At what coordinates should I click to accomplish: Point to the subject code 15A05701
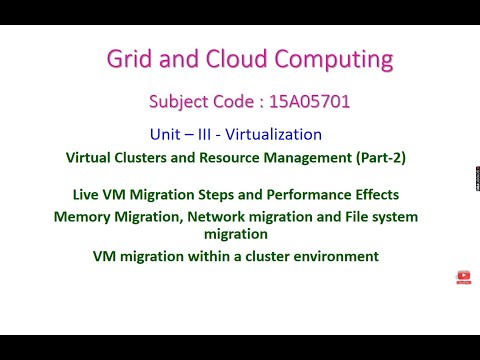coord(307,101)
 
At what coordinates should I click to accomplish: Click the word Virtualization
coord(276,133)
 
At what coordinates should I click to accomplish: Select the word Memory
coord(82,216)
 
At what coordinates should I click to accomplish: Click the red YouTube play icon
coord(463,276)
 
